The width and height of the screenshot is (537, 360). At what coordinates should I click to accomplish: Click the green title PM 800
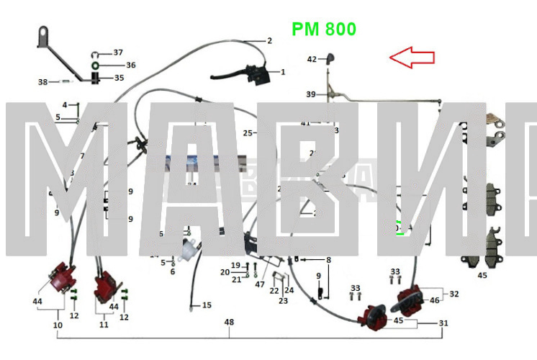tap(323, 30)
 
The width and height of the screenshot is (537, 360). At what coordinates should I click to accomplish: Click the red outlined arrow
tap(412, 57)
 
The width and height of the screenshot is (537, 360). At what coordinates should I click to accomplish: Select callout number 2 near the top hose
tap(269, 40)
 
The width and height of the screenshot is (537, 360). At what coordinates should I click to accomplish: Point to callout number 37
tap(118, 53)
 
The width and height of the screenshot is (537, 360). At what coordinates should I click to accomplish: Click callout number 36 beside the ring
tap(130, 65)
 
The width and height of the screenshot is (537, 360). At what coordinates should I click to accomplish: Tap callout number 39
tap(310, 94)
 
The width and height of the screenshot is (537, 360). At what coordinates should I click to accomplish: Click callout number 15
tap(207, 305)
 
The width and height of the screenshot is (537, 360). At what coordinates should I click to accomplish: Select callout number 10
tap(58, 325)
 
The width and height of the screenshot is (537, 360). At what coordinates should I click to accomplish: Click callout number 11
tap(104, 325)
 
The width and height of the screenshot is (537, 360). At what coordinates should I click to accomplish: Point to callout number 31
tap(443, 323)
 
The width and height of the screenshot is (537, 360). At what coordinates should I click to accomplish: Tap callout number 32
tap(454, 294)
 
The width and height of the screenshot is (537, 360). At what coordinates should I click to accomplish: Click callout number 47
tap(260, 284)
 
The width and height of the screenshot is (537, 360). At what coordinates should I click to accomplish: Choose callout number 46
tap(434, 300)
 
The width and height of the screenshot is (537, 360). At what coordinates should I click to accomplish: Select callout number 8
tap(328, 260)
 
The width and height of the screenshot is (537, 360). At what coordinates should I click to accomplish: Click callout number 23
tap(283, 300)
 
